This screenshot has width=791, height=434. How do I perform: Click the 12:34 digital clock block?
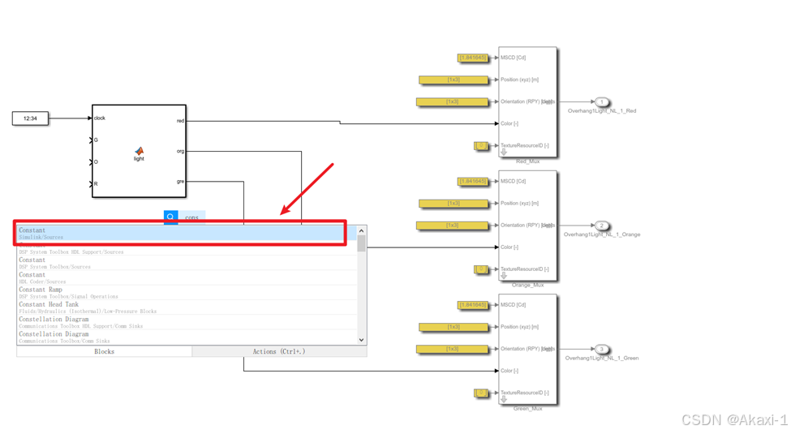(30, 118)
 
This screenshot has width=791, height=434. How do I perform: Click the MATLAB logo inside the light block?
(139, 150)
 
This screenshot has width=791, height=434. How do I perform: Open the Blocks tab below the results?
(104, 352)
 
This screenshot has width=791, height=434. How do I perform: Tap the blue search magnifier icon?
(170, 217)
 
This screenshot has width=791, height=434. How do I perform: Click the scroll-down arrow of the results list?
(362, 340)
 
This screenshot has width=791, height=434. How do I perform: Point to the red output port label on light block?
(180, 121)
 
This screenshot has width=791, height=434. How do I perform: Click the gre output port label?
(180, 182)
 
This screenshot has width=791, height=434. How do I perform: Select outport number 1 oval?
(601, 102)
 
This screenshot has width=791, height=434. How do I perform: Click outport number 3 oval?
(601, 349)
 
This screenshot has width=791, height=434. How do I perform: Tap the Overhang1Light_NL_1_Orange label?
(602, 234)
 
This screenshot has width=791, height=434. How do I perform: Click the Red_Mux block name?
(527, 161)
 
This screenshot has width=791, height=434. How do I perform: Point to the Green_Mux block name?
(527, 408)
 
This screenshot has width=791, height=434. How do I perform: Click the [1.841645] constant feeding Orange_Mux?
(472, 182)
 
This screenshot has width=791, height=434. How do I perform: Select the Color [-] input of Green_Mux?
(509, 371)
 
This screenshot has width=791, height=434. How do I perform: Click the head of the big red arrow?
(283, 213)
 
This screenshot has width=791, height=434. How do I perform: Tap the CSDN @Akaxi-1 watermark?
(734, 419)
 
